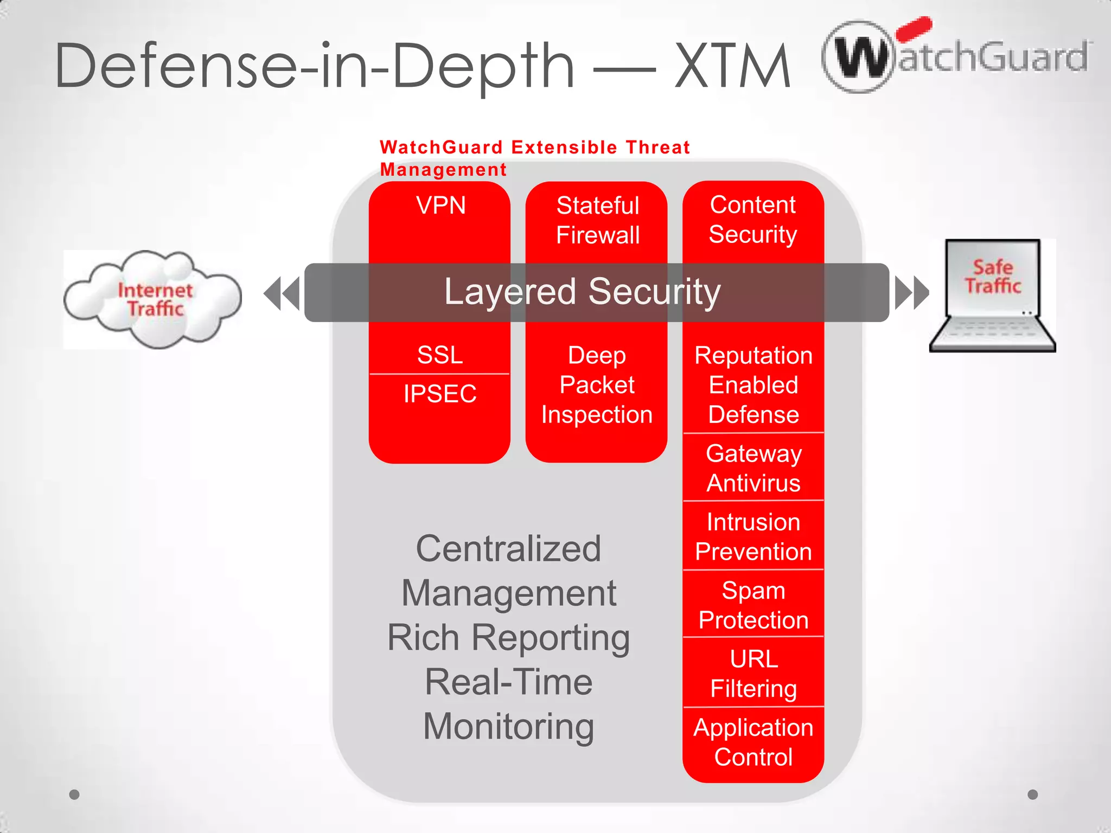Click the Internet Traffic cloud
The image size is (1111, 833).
tap(153, 299)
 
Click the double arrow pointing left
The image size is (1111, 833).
tap(282, 293)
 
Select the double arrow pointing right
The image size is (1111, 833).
tap(912, 293)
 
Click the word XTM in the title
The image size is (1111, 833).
tap(732, 66)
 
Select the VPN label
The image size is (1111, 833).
tap(440, 206)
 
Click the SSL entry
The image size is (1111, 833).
tap(440, 355)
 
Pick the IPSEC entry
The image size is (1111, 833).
tap(440, 394)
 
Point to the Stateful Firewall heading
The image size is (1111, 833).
tap(597, 220)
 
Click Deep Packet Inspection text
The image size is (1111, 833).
tap(597, 385)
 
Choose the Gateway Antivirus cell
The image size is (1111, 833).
tap(753, 467)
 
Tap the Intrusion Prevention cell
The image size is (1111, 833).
tap(753, 536)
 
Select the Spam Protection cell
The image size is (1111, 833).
tap(753, 605)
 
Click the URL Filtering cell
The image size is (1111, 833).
tap(753, 674)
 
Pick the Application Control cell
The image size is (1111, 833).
tap(753, 742)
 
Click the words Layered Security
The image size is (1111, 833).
tap(582, 292)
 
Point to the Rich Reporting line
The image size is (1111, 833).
tap(508, 637)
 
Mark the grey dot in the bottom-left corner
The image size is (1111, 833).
tap(75, 794)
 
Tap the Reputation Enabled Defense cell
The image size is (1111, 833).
tap(753, 385)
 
